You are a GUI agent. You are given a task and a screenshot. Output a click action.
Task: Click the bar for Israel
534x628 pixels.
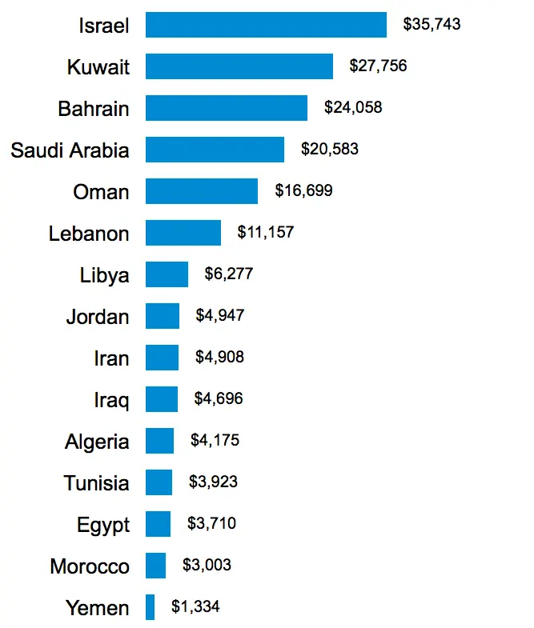266,25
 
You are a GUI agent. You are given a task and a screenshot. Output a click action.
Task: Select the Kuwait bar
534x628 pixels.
239,66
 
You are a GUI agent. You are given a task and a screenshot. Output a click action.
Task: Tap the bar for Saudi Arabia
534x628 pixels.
215,150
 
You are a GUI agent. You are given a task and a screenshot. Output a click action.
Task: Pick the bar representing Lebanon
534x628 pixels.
183,233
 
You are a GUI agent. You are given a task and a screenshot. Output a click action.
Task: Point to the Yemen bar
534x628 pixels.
150,607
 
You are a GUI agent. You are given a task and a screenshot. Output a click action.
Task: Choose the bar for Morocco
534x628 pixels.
155,566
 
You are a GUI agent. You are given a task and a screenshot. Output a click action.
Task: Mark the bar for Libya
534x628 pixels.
167,274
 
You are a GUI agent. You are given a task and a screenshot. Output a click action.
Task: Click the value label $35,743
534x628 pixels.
432,25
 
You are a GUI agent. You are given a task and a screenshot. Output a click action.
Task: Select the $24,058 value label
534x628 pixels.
353,108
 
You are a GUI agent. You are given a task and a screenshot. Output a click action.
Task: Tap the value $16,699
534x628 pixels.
303,191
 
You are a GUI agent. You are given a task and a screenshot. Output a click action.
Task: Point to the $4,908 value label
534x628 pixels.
219,358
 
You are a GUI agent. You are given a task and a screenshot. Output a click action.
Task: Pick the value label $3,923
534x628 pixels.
213,482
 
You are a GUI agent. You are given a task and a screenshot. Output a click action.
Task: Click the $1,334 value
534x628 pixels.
195,607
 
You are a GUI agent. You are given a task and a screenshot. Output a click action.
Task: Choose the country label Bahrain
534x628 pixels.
93,109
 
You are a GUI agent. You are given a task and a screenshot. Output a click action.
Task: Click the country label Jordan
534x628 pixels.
97,317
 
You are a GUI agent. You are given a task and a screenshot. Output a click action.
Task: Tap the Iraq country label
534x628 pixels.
111,400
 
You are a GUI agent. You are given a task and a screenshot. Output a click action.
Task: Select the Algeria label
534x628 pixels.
97,442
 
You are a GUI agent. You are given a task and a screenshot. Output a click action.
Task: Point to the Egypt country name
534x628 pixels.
102,526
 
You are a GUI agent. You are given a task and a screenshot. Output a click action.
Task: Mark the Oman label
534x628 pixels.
101,192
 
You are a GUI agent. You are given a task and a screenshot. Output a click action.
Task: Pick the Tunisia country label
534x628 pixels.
96,483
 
